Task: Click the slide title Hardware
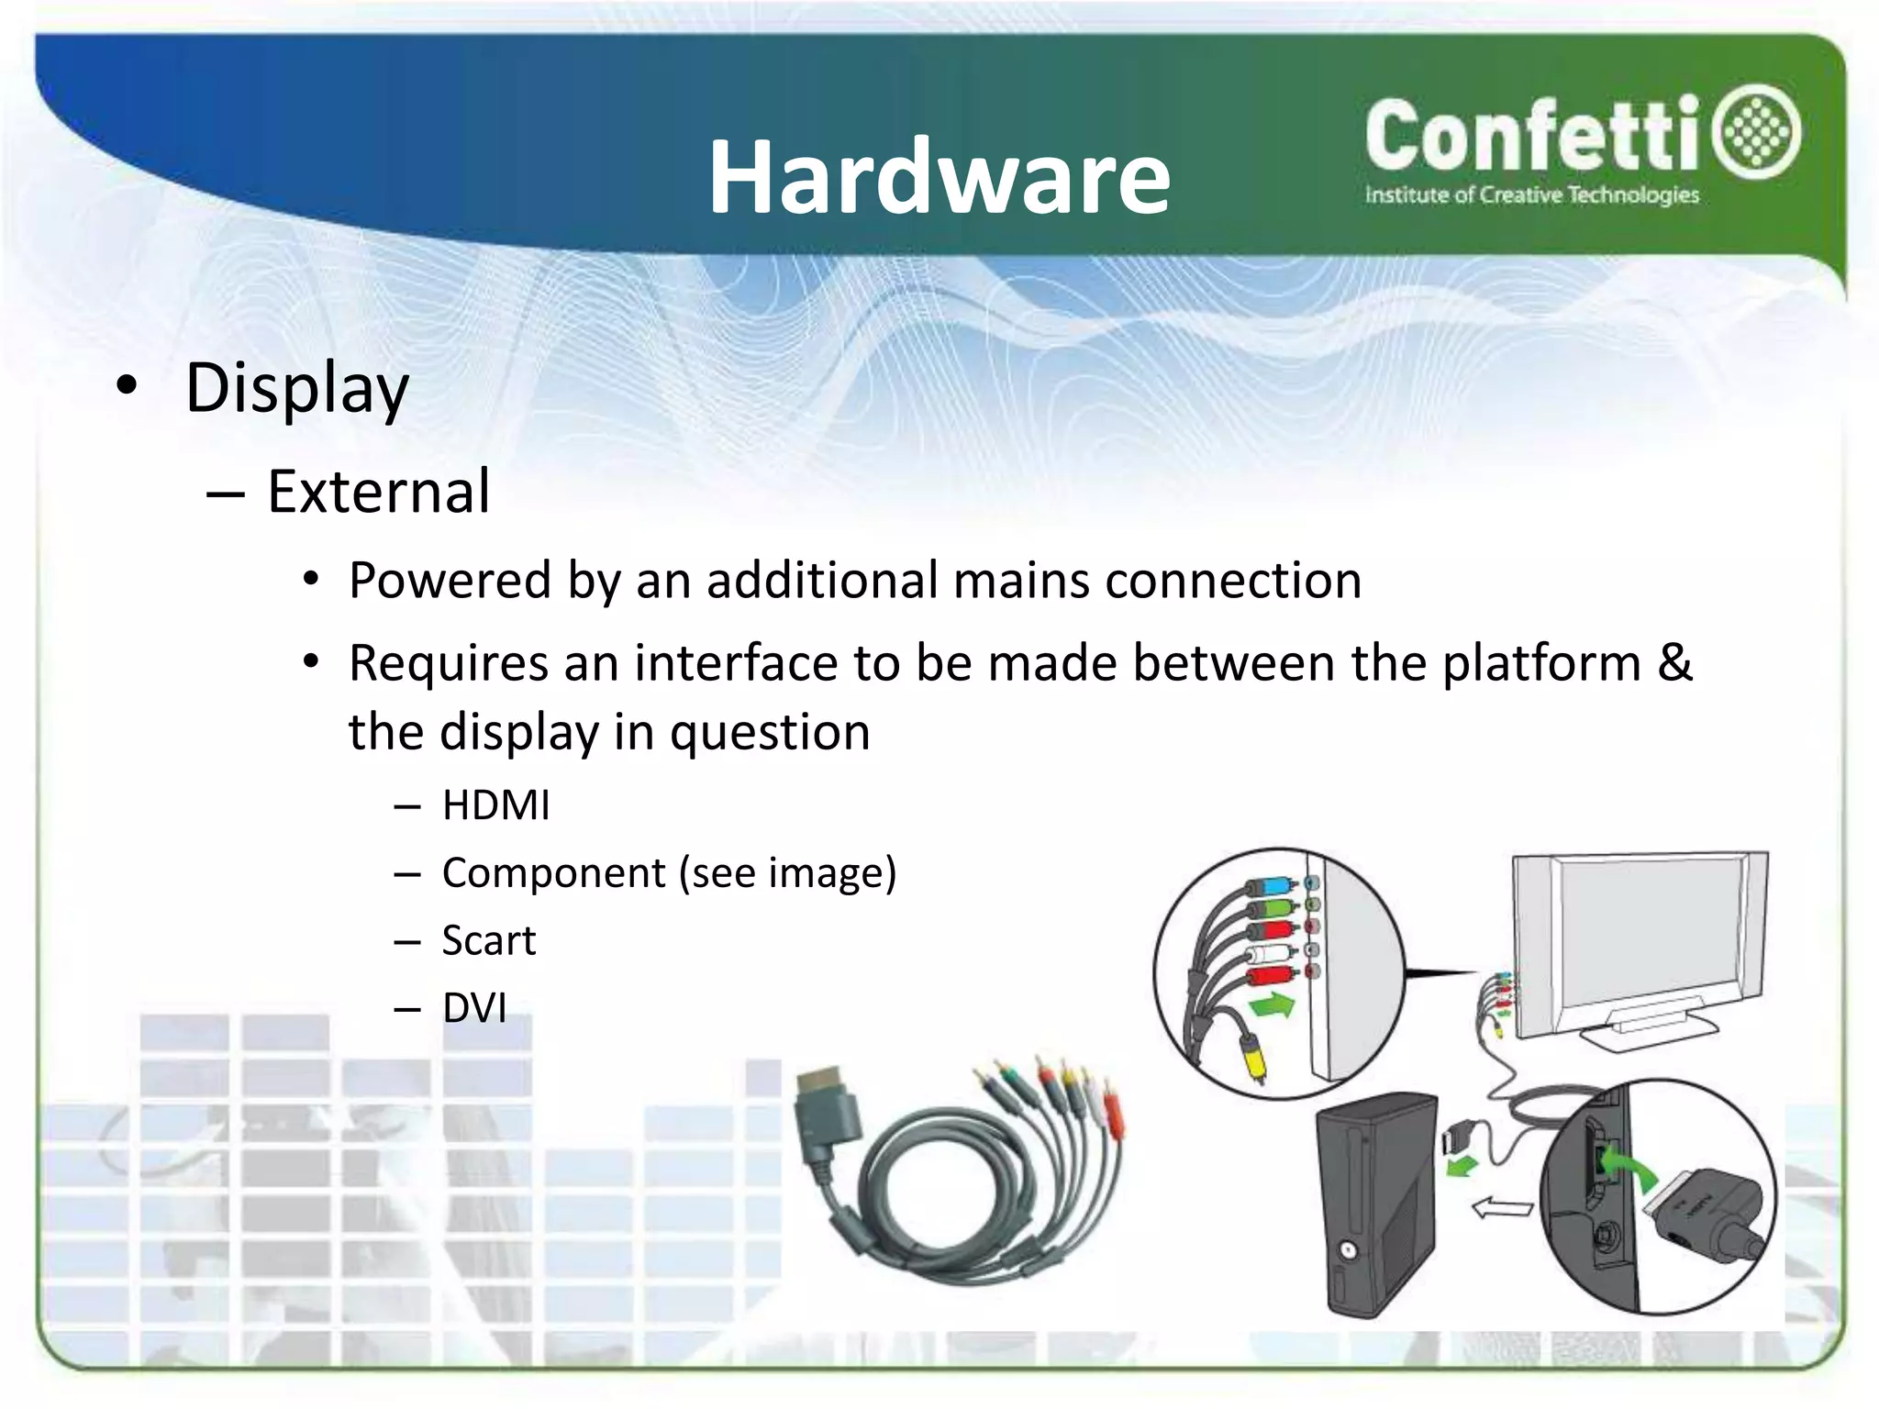click(939, 177)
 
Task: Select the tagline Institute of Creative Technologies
click(1531, 195)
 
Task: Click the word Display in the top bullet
click(296, 389)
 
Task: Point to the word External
click(378, 492)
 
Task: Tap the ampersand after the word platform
click(1674, 662)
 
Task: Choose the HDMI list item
click(495, 805)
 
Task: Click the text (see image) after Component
click(787, 873)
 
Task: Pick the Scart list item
click(488, 941)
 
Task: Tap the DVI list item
click(473, 1008)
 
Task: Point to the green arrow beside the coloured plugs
click(1272, 1005)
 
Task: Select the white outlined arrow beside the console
click(1502, 1208)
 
